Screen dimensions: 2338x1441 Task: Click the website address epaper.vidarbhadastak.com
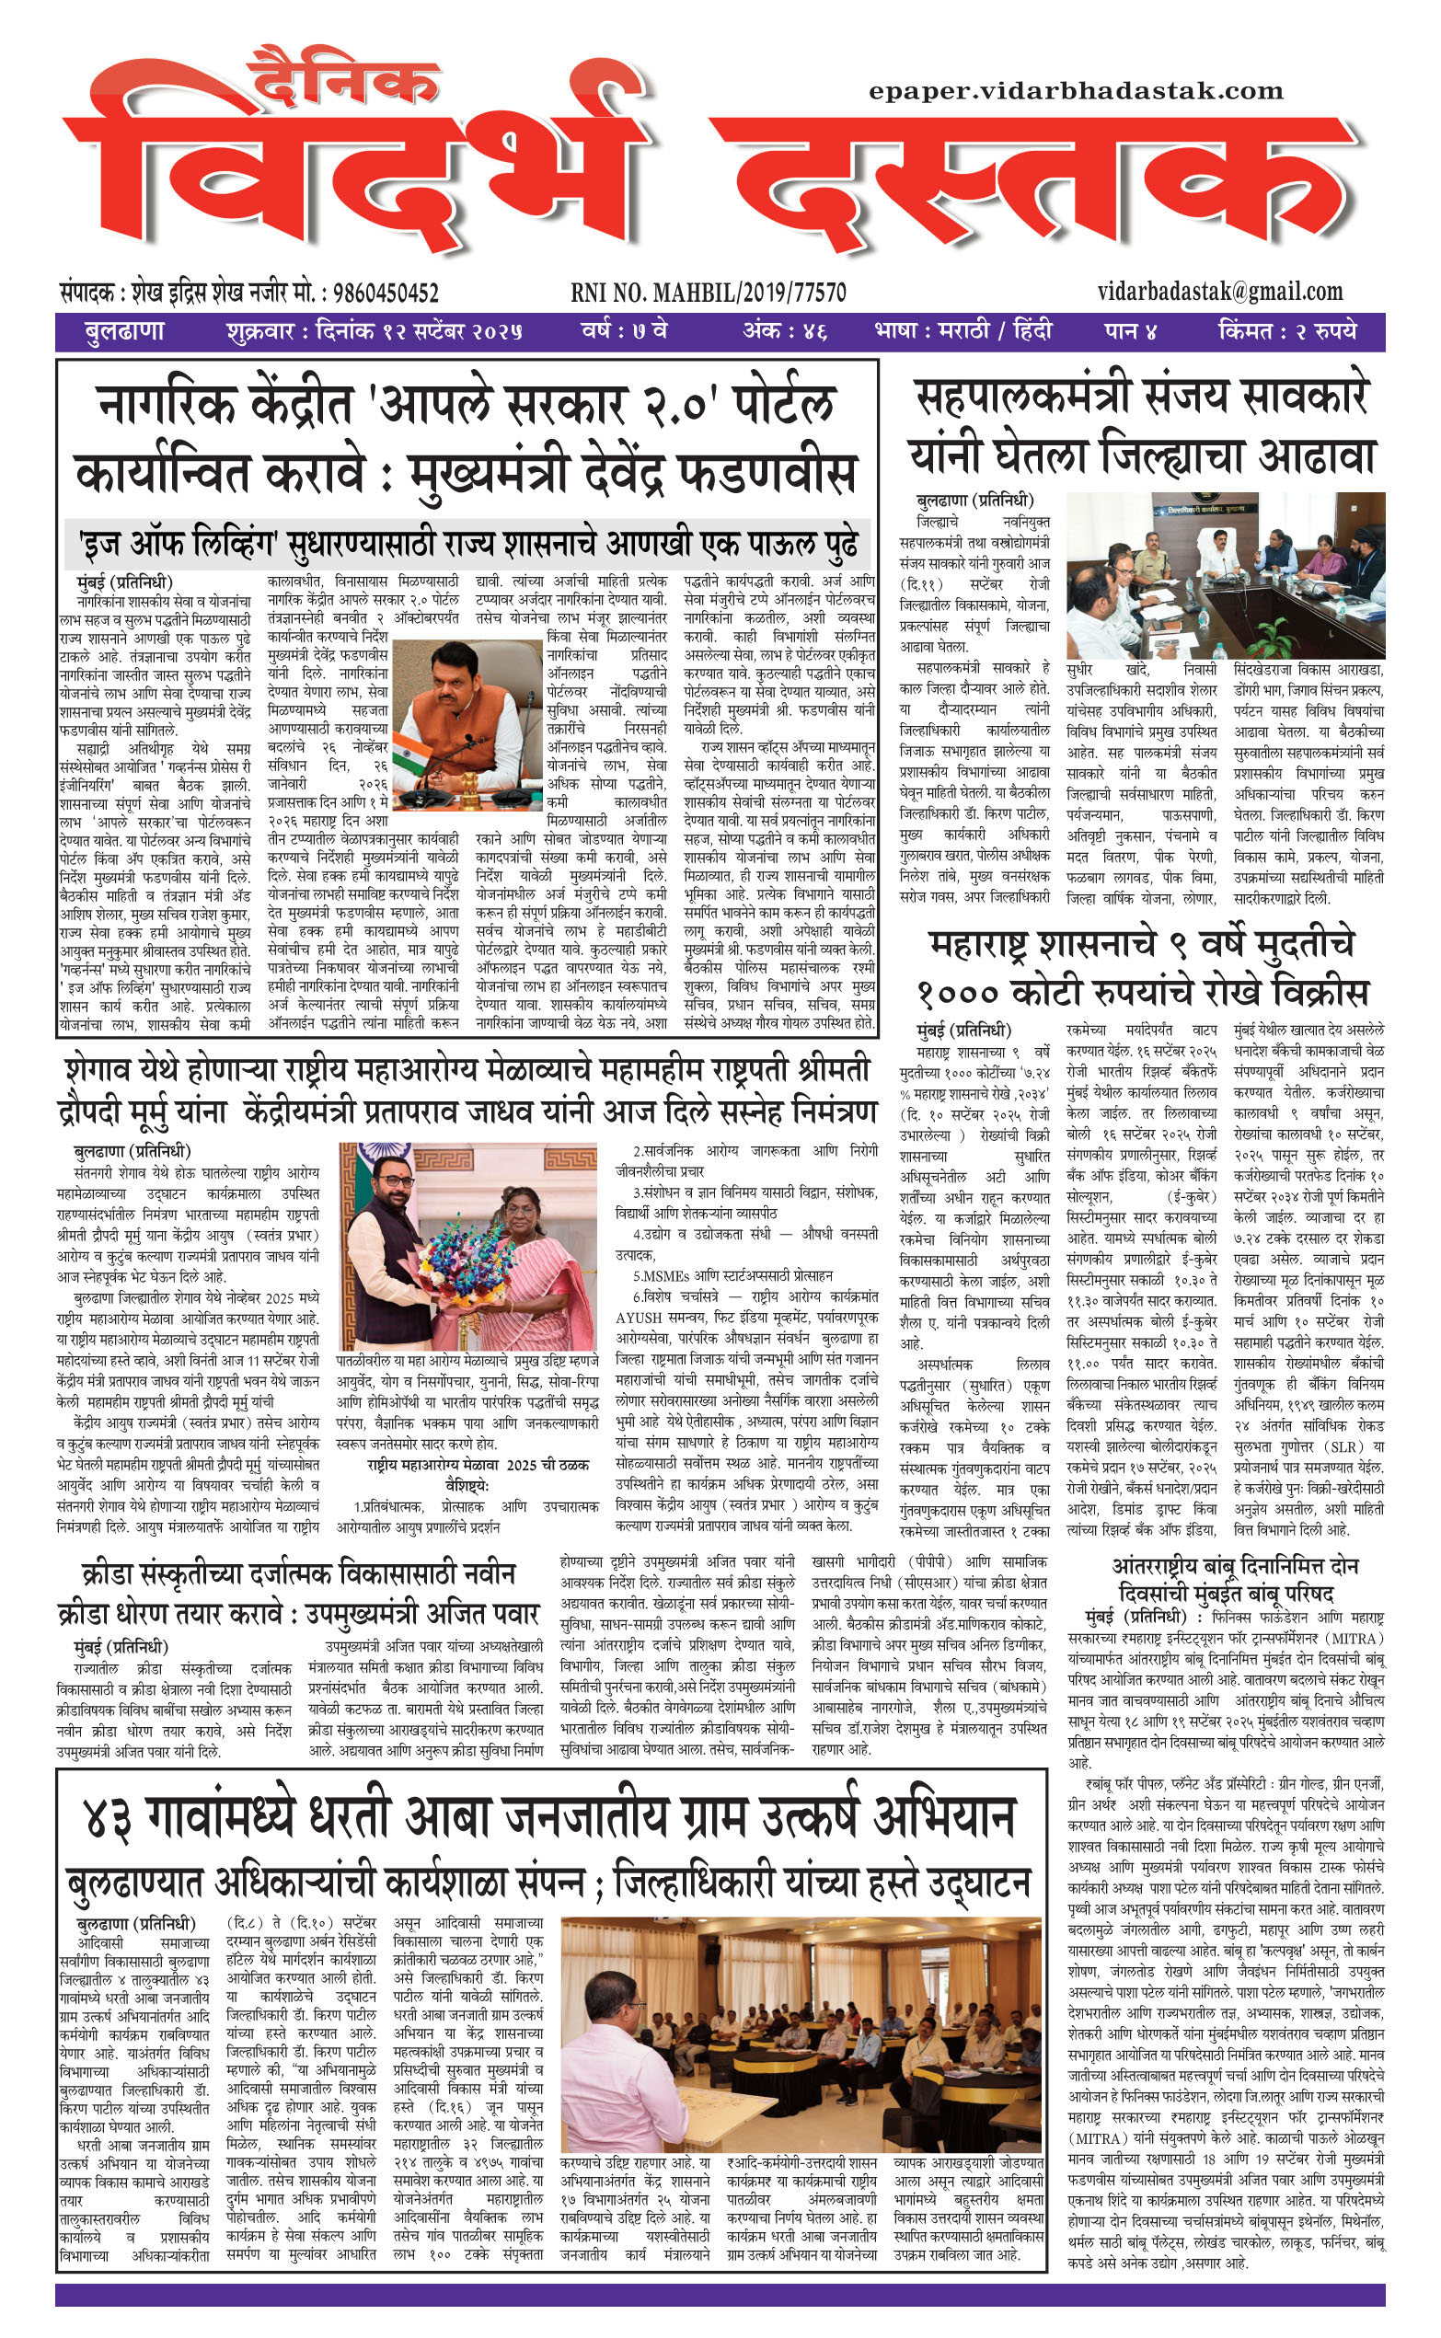1075,91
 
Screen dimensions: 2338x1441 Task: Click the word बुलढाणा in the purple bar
124,332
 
